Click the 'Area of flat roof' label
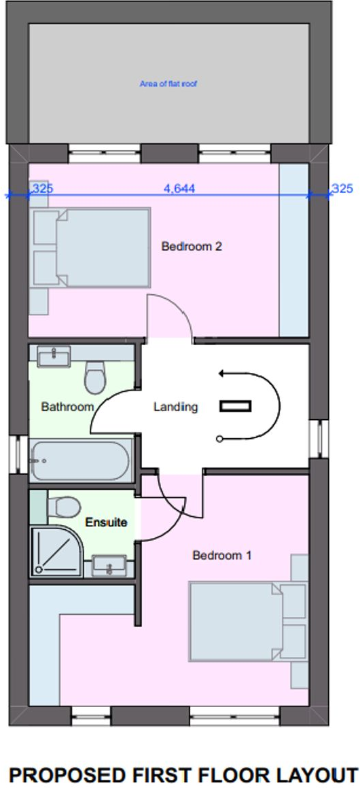coord(168,84)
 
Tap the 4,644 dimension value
coord(179,188)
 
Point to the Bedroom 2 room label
coord(192,247)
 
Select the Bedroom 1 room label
coord(222,555)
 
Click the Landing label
coord(175,407)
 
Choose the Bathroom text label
coord(67,407)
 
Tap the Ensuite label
coord(107,522)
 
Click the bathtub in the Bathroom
coord(82,461)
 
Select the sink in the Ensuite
coord(109,565)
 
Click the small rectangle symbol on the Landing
coord(235,406)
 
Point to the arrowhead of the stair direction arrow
coord(221,373)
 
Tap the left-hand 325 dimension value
coord(42,188)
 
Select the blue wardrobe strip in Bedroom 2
coord(293,249)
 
